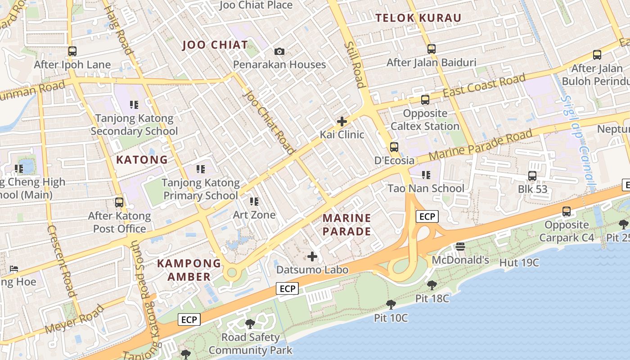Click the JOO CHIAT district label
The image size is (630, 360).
coord(215,45)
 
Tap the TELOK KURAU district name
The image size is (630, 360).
coord(418,18)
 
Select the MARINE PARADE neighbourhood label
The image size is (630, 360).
coord(347,225)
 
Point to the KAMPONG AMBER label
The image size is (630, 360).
coord(189,270)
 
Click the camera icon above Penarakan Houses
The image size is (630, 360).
coord(279,51)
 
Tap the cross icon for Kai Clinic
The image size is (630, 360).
coord(342,121)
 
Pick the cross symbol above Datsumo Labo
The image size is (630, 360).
coord(312,256)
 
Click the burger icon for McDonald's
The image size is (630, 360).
coord(460,246)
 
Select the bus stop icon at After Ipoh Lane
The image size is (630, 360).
coord(72,51)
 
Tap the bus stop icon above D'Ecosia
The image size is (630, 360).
coord(394,147)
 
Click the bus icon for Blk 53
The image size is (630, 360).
coord(532,175)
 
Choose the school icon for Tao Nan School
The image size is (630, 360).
coord(426,175)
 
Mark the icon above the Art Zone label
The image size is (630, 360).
coord(254,201)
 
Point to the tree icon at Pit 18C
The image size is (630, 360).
coord(432,285)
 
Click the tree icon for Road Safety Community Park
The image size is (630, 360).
coord(250,324)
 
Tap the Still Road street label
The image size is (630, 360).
coord(354,65)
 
